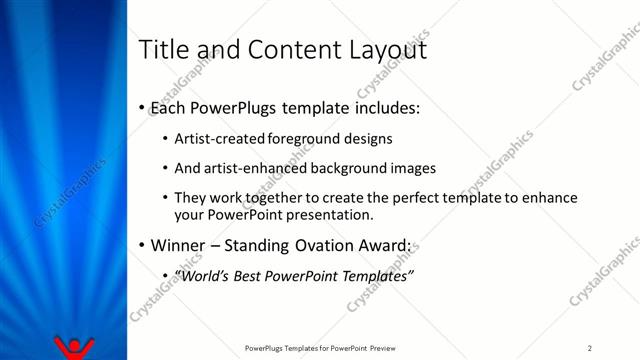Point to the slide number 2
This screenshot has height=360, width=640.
590,348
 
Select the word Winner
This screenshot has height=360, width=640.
178,245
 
